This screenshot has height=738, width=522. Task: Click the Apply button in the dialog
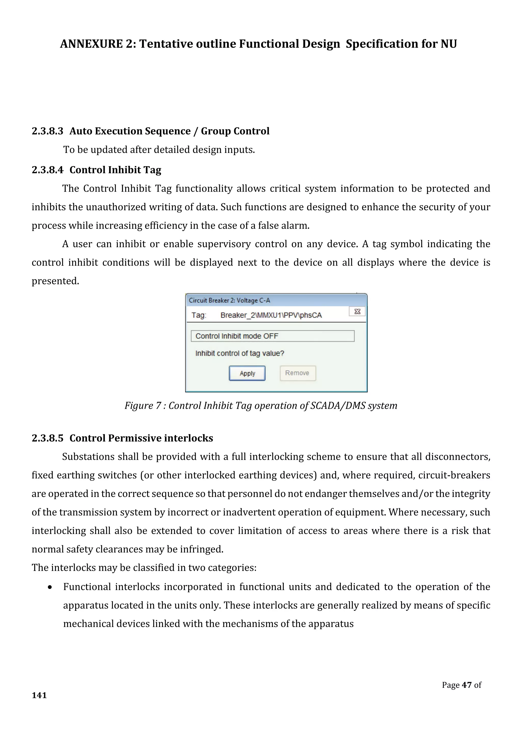247,373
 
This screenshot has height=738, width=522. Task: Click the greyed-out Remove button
297,373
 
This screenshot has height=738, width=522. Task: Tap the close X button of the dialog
357,311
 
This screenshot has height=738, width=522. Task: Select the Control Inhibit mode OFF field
272,336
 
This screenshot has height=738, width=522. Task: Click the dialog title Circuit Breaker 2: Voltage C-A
229,300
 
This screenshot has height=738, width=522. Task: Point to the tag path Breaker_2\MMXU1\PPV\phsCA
271,315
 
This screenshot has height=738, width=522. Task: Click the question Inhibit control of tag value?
240,353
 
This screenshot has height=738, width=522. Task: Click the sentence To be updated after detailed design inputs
159,150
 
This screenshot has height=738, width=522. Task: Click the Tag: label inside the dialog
199,315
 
